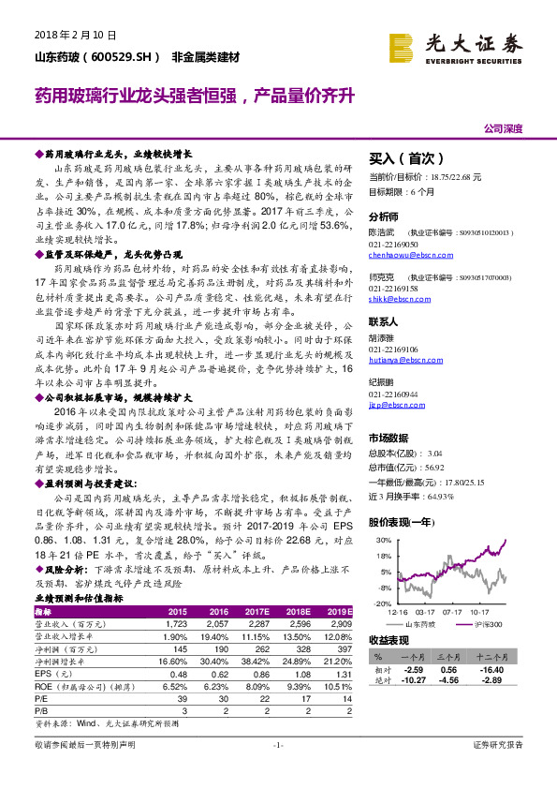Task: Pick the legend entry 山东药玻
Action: [423, 623]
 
